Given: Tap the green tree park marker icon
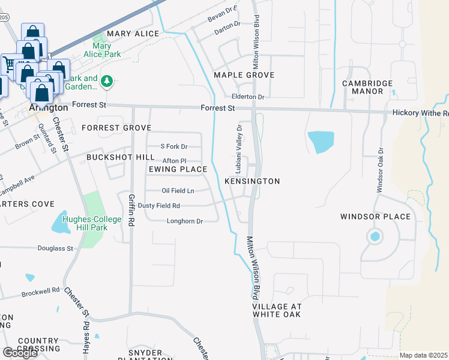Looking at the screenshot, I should click(107, 80).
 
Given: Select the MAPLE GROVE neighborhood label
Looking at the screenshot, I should click(244, 75).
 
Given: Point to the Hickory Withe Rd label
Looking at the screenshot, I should click(420, 113).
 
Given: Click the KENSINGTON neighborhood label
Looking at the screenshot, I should click(252, 181).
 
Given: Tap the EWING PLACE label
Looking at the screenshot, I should click(178, 169).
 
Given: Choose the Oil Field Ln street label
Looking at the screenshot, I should click(178, 191).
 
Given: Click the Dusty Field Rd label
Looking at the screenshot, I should click(159, 205).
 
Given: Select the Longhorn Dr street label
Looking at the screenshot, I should click(185, 221).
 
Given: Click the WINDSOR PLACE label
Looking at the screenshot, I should click(375, 217).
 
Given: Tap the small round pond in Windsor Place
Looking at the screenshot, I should click(375, 236).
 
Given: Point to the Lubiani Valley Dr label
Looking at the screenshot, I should click(238, 147).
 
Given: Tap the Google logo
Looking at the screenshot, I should click(20, 353).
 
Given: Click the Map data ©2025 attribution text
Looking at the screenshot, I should click(424, 355).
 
